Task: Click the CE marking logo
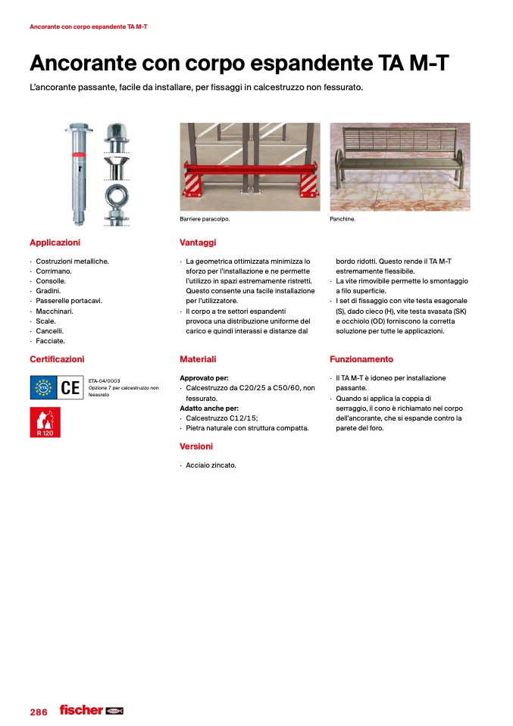[70, 389]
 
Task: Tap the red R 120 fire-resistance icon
[45, 422]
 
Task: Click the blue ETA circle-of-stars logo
[43, 389]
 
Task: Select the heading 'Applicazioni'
[55, 243]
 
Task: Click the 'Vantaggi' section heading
[198, 243]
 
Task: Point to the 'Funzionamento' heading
[361, 359]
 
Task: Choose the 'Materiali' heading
[198, 359]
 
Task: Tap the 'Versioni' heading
[196, 446]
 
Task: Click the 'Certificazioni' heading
[57, 359]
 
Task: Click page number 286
[39, 712]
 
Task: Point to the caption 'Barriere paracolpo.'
[205, 219]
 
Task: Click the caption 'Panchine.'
[343, 219]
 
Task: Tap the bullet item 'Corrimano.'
[53, 271]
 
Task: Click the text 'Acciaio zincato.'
[211, 465]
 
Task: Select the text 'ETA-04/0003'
[105, 380]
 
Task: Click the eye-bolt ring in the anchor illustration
[117, 193]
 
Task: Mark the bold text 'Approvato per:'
[204, 377]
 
